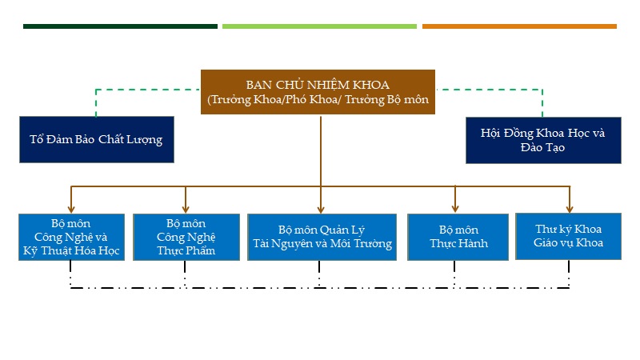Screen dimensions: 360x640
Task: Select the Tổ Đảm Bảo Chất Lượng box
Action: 96,140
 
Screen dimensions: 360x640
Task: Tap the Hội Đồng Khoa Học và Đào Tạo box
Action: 543,141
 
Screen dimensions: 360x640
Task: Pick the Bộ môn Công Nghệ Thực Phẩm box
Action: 186,237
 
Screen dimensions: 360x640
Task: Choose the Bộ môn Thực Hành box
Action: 458,237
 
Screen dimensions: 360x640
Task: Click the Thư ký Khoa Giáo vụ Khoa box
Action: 569,236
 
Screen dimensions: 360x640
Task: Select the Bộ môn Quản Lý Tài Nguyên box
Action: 322,237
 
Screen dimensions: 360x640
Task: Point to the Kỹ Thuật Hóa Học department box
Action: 72,237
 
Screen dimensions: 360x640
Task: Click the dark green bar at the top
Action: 120,26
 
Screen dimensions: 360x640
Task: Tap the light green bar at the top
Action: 319,26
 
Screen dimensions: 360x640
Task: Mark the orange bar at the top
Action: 519,26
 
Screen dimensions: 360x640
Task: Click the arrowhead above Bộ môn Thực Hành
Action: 455,209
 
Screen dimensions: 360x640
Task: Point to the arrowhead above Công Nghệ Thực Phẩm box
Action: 186,209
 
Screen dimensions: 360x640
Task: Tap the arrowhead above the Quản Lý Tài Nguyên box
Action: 321,209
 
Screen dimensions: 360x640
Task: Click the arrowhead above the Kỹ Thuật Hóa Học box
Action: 72,209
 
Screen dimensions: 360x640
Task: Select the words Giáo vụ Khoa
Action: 569,243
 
